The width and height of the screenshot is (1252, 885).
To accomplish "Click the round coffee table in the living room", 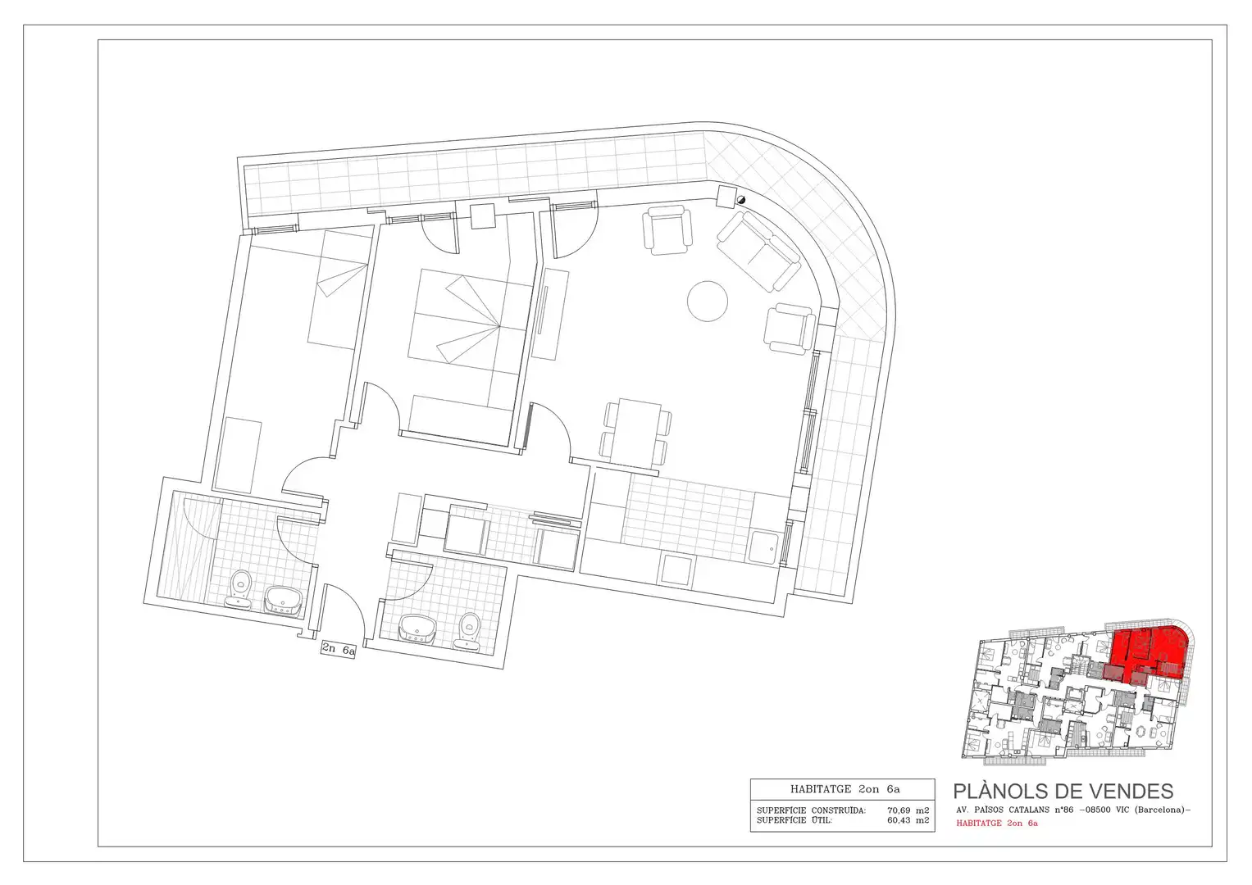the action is (707, 302).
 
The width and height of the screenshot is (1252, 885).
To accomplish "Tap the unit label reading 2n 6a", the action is (338, 650).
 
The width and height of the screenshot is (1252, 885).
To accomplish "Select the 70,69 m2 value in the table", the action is (908, 810).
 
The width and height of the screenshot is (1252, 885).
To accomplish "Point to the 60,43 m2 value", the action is (908, 820).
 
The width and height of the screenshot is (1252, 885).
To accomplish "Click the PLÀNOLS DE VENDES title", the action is (1063, 791).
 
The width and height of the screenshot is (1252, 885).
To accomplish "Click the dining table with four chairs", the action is (636, 433).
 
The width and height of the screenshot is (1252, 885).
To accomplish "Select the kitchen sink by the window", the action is (763, 548).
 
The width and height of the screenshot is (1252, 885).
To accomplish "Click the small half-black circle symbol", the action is (741, 200).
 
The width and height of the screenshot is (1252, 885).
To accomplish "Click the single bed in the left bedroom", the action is (339, 288).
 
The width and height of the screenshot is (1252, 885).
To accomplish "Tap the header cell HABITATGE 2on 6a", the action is (842, 789).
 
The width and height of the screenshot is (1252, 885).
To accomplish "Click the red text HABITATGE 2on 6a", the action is (997, 823).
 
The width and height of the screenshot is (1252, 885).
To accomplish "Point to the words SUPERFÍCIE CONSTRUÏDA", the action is (811, 810).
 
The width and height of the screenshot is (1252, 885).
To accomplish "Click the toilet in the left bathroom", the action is (239, 589).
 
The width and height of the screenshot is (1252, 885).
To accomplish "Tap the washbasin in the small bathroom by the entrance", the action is (417, 628).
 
